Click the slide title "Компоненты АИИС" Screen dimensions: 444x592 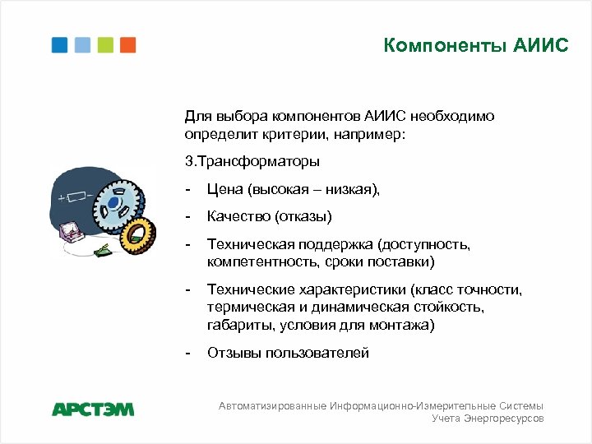[x=475, y=45]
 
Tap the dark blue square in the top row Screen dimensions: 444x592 [x=60, y=45]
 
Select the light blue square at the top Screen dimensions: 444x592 [x=82, y=45]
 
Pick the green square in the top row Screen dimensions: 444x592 [x=105, y=45]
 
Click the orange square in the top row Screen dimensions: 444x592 [x=127, y=45]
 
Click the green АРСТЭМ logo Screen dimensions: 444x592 [x=93, y=409]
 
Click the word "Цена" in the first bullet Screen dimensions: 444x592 [x=224, y=190]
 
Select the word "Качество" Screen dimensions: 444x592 [x=238, y=217]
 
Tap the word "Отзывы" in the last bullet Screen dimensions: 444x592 [x=230, y=353]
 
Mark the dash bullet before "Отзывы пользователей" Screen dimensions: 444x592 [x=189, y=353]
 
